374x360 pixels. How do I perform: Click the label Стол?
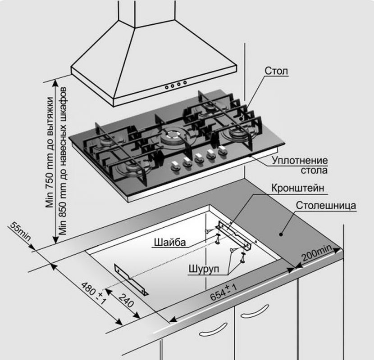coord(276,71)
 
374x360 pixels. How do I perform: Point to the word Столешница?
coord(326,206)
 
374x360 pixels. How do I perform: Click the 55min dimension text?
coord(19,232)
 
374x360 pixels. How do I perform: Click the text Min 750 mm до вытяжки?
coord(50,148)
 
